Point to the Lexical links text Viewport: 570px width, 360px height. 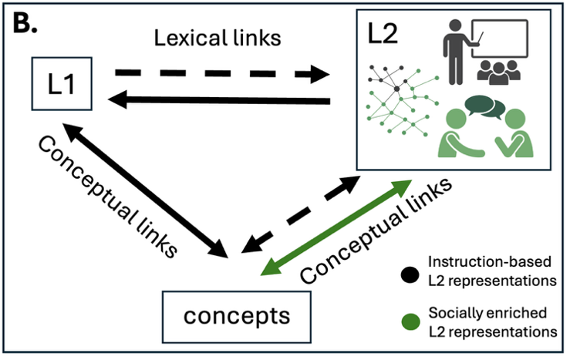click(218, 38)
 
